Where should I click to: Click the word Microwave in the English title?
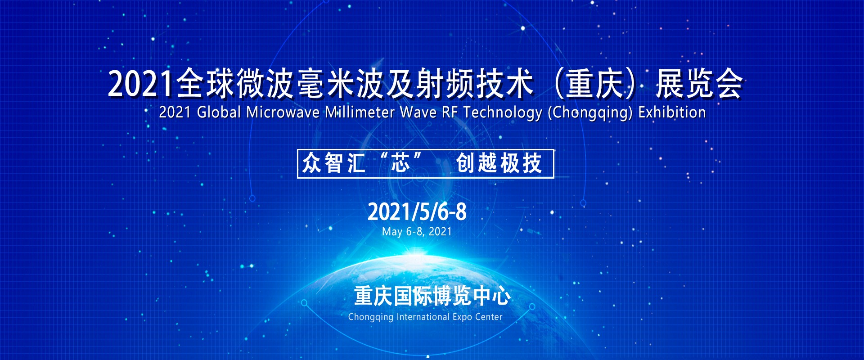[x=283, y=112]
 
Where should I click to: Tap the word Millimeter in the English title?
[x=360, y=112]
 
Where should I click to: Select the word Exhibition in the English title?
[x=672, y=112]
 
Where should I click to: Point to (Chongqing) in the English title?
[x=590, y=113]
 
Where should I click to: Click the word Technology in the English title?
[x=503, y=113]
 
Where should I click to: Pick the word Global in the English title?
[x=219, y=112]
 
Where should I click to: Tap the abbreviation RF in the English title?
[x=450, y=112]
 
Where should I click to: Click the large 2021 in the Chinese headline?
[x=140, y=84]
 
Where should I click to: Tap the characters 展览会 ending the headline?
[x=699, y=84]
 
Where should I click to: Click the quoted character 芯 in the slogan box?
[x=400, y=162]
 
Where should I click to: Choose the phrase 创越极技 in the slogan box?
[x=499, y=163]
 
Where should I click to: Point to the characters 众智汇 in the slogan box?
[x=333, y=163]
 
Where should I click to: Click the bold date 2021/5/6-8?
[x=417, y=211]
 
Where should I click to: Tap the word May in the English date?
[x=392, y=232]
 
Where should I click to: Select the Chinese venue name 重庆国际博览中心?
[x=432, y=296]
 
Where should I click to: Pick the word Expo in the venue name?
[x=462, y=317]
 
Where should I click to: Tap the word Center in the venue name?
[x=489, y=317]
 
